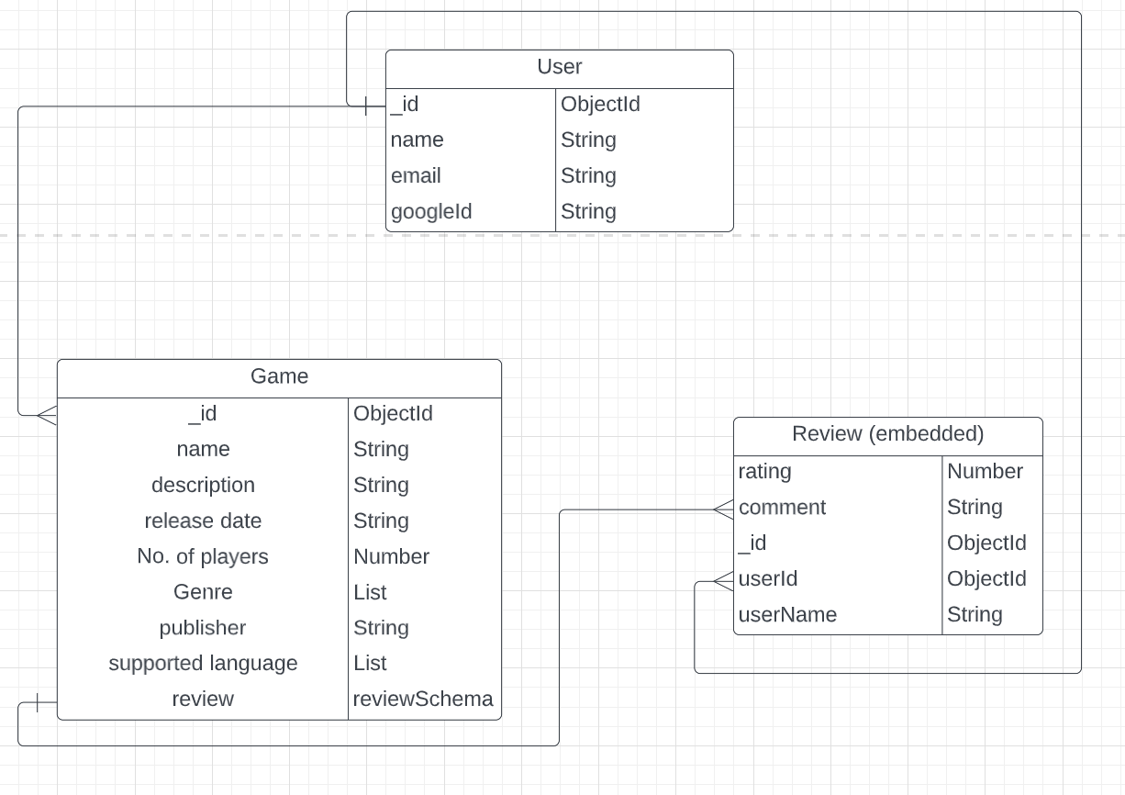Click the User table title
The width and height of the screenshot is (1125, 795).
click(559, 67)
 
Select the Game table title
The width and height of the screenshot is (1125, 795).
click(279, 376)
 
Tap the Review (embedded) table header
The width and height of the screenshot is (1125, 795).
click(887, 433)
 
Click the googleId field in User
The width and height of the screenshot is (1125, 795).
click(431, 211)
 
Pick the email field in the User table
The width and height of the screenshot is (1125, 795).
click(416, 175)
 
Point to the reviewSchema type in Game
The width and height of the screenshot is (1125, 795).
click(423, 699)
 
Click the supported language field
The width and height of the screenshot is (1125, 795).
click(203, 663)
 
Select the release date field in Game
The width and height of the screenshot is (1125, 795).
click(203, 521)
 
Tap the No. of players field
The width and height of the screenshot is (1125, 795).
click(203, 556)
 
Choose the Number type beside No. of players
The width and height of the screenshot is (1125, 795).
click(392, 556)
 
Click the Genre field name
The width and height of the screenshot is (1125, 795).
click(203, 592)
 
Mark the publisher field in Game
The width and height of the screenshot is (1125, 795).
click(203, 628)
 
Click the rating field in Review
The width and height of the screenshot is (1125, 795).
click(764, 471)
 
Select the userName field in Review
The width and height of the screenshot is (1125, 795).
click(787, 614)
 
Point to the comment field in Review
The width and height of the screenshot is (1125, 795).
click(782, 507)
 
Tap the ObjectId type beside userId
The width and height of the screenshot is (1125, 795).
click(986, 578)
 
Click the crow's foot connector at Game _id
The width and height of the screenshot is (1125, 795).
click(46, 415)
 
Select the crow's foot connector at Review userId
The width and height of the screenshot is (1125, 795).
click(722, 580)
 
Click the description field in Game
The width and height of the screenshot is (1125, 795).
click(203, 485)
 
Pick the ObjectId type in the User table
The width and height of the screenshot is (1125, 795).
click(600, 104)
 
